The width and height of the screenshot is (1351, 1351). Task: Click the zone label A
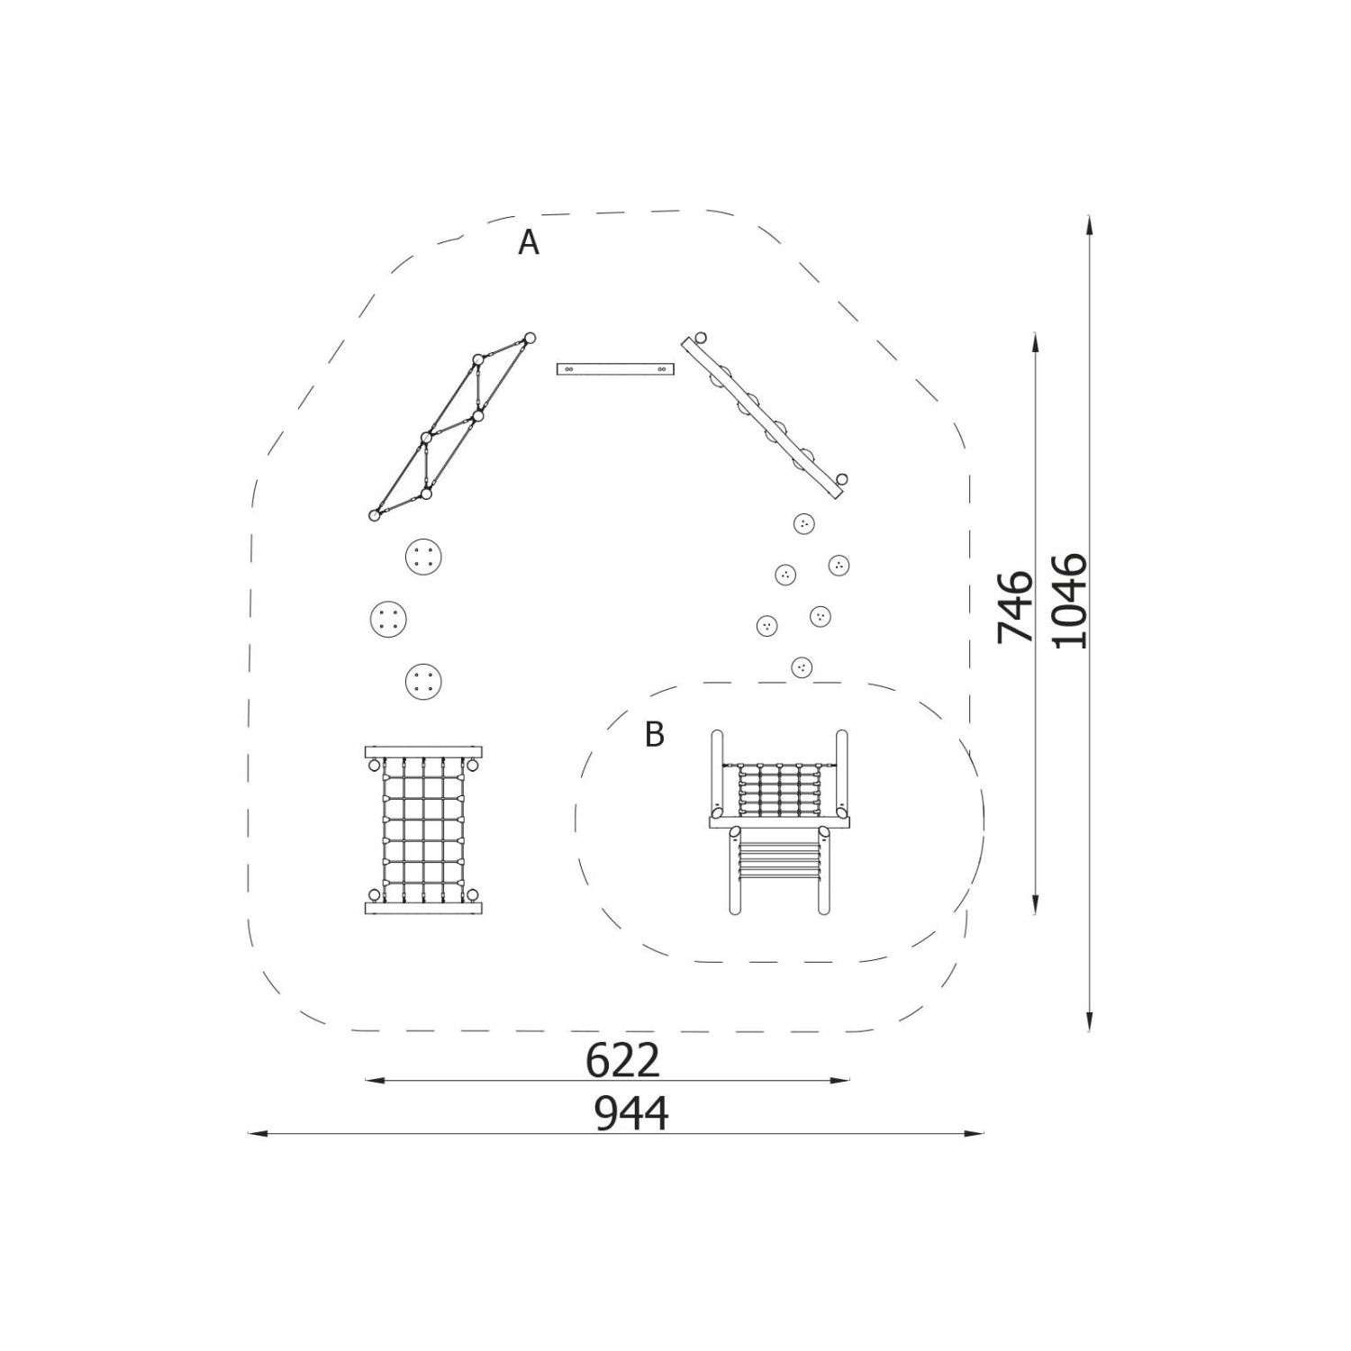[x=529, y=242]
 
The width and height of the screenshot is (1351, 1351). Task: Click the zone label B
[x=655, y=735]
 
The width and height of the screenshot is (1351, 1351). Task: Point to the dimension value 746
[x=1016, y=605]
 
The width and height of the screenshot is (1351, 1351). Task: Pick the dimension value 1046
[x=1070, y=601]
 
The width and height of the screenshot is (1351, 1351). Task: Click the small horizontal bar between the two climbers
[x=615, y=369]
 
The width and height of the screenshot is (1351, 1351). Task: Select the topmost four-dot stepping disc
[x=424, y=558]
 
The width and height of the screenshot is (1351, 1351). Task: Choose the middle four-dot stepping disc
[x=389, y=619]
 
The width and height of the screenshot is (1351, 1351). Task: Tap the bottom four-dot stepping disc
[x=423, y=681]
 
